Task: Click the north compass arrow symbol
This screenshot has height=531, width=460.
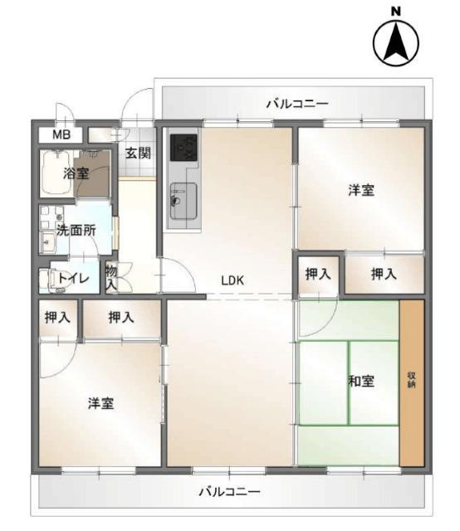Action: coord(396,43)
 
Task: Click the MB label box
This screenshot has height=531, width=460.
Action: coord(61,134)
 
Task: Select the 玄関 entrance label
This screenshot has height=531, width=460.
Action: coord(138,153)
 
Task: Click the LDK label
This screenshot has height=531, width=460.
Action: coord(232,280)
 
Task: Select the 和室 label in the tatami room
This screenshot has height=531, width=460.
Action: coord(360,382)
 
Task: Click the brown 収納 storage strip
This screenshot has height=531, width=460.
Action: coord(411,382)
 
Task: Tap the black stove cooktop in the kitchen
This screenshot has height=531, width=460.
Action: coord(183,148)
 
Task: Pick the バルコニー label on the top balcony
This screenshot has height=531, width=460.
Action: coord(296,104)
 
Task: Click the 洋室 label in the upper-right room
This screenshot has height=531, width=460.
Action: coord(360,190)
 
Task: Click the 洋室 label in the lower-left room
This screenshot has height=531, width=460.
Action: coord(101,404)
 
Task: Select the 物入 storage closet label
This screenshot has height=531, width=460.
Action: coord(111,277)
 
